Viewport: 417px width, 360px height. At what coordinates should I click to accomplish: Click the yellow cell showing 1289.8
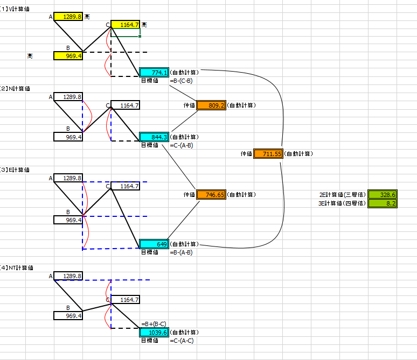pos(68,17)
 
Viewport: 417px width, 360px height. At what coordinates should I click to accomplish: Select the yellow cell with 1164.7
pos(125,24)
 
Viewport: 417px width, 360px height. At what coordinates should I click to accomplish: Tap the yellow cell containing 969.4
pos(68,56)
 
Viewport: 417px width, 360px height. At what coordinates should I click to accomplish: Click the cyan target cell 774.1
pos(154,72)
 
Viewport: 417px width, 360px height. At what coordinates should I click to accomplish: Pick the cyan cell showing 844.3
pos(154,137)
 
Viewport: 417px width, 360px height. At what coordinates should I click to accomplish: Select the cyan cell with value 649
pos(154,244)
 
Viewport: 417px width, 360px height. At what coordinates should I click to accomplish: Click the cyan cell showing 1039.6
pos(154,332)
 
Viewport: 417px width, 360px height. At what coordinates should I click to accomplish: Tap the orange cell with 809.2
pos(211,105)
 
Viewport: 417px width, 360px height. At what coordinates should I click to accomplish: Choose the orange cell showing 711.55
pos(268,153)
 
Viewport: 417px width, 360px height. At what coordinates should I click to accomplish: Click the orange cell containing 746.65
pos(211,194)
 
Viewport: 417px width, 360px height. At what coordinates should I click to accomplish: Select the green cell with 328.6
pos(383,194)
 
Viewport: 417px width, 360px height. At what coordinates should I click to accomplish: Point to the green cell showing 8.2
pos(383,203)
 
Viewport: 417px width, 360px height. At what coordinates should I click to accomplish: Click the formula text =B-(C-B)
pos(181,81)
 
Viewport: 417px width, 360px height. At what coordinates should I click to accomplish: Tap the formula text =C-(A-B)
pos(182,145)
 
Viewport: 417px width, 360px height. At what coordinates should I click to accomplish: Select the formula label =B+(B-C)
pos(154,324)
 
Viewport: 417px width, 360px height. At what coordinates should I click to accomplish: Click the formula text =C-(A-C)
pos(182,341)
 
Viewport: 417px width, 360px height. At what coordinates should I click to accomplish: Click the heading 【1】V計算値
pos(15,9)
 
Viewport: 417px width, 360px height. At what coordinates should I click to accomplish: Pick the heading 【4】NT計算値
pos(17,267)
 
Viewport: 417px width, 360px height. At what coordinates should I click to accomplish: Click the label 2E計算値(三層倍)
pos(343,194)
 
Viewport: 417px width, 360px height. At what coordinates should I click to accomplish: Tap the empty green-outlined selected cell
pos(125,32)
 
